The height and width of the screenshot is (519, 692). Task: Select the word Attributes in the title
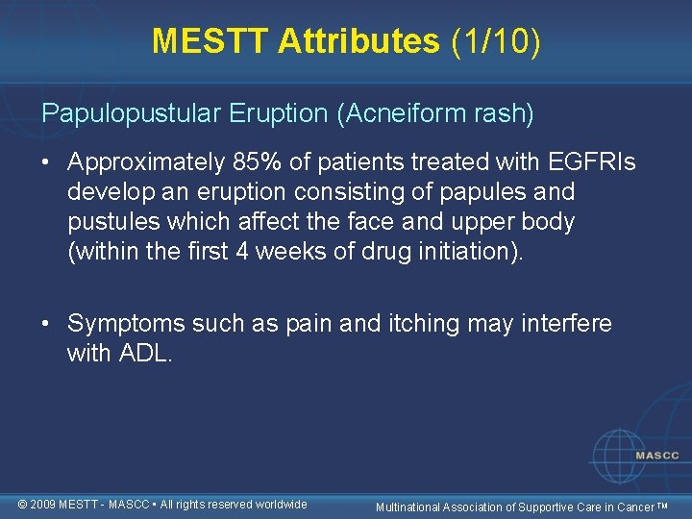coord(358,41)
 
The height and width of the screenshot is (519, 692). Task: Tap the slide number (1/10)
coord(494,41)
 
